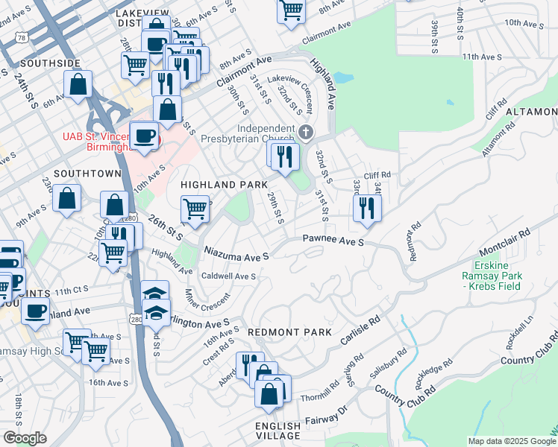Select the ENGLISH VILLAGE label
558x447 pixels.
point(278,431)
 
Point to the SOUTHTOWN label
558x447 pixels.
point(87,173)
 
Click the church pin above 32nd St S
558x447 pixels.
point(305,133)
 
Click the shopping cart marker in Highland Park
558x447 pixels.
point(195,209)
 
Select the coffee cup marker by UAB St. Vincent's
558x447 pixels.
point(143,136)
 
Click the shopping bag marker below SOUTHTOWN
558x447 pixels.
point(67,198)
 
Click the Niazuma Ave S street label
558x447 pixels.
point(236,256)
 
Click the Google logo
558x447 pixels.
point(25,438)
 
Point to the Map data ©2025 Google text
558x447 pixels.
point(511,441)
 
